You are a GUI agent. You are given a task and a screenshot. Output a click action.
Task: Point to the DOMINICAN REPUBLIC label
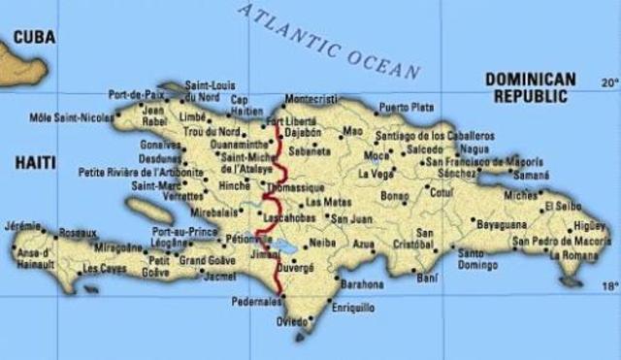[530, 87]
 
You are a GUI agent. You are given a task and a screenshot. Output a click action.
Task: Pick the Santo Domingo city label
[477, 257]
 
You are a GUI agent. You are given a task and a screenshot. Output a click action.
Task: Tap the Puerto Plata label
[407, 107]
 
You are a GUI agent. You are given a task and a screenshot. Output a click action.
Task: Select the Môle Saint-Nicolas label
[69, 117]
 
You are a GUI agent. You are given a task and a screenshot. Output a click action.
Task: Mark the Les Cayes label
[105, 269]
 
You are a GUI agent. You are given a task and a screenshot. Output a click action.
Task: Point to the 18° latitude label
[609, 286]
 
